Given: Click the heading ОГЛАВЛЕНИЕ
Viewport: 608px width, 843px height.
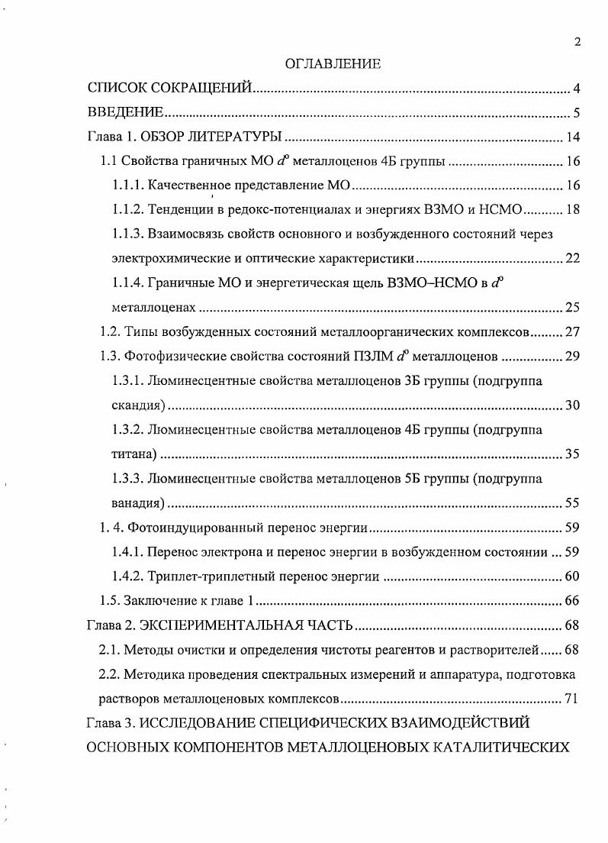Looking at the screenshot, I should coord(332,65).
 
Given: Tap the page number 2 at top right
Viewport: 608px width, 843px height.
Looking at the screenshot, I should coord(577,42).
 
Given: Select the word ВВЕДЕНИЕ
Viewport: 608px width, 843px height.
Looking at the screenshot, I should coord(125,114).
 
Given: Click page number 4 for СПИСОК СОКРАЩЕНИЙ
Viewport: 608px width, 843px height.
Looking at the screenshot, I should coord(577,89).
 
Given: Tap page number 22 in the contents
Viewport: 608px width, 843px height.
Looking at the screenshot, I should coord(573,258).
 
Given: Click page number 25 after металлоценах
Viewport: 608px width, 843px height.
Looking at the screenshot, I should coord(573,308).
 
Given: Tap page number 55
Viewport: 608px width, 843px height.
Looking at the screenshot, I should coord(573,503).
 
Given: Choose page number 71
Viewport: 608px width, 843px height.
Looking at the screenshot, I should coord(573,699).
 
